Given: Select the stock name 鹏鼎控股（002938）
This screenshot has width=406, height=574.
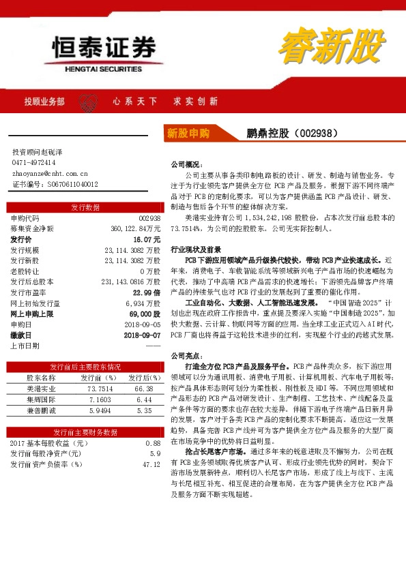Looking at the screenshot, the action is [x=292, y=134].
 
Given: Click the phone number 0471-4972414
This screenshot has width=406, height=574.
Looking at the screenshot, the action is [x=34, y=163].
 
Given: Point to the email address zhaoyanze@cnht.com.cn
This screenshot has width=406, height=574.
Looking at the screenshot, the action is [x=50, y=173].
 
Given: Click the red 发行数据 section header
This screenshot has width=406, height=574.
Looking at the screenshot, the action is [x=85, y=207].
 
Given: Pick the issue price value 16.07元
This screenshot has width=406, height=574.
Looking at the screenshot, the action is [x=147, y=240].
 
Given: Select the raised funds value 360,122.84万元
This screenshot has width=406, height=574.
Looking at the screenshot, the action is [x=135, y=229].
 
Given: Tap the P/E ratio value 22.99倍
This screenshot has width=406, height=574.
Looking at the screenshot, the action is [x=147, y=292].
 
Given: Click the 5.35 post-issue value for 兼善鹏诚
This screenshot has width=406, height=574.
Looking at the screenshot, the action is [x=144, y=410].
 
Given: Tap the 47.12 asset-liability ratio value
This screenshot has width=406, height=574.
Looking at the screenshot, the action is [x=151, y=465].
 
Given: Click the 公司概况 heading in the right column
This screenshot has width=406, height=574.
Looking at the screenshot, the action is [x=185, y=165].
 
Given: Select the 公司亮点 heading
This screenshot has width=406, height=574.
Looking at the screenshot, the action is [x=185, y=356].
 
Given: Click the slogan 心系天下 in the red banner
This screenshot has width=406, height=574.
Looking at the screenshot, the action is [x=132, y=102].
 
